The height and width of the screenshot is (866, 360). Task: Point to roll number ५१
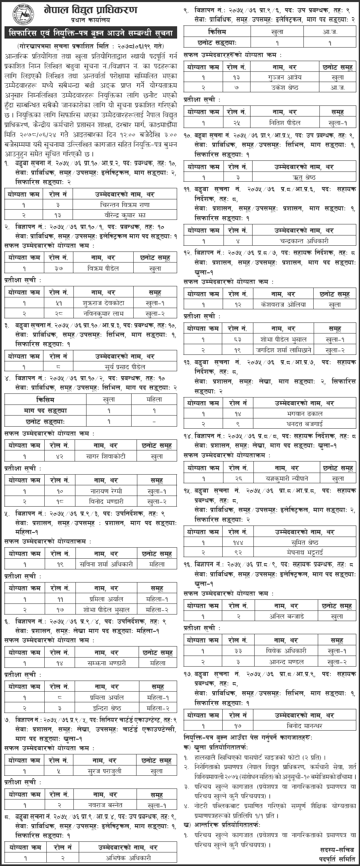(59, 303)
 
